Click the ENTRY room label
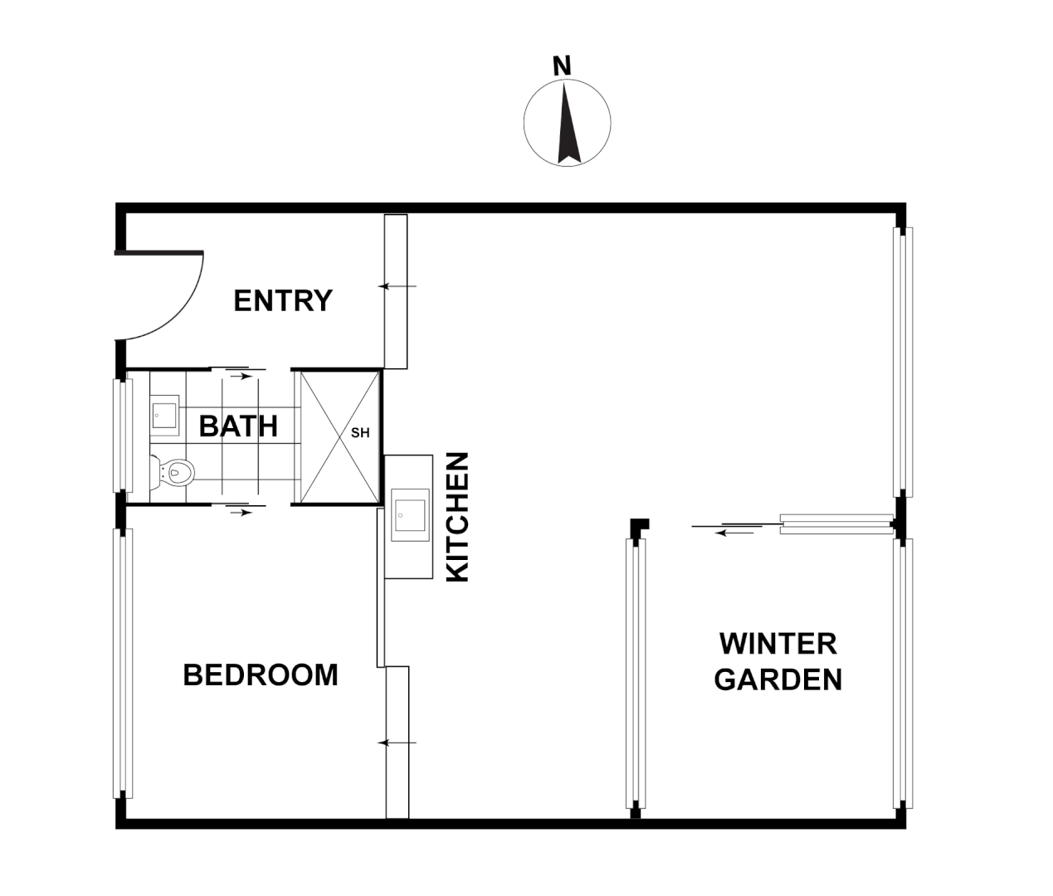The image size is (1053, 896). pos(283,300)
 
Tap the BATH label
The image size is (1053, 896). pos(238,426)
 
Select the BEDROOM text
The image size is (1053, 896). pos(260,675)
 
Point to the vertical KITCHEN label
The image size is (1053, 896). pos(458,516)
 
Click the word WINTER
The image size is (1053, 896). pos(778,644)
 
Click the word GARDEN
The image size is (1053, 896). pos(778,680)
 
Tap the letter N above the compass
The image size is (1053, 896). pos(563,66)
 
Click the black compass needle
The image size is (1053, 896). pos(568,124)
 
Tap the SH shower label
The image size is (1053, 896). pos(360,433)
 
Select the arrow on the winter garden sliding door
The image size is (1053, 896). pos(735,532)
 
